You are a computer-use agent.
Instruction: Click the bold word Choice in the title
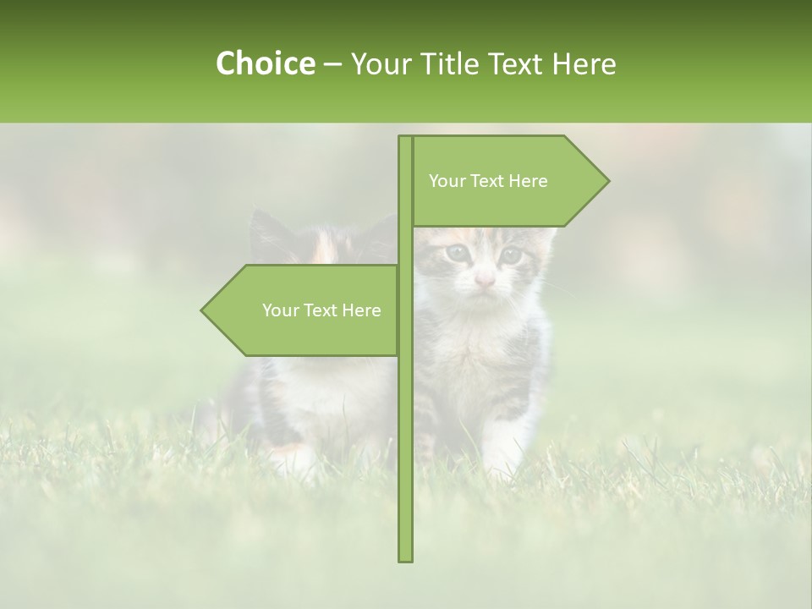click(265, 63)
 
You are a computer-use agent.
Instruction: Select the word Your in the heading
click(381, 63)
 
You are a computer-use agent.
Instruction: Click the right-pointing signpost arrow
click(507, 181)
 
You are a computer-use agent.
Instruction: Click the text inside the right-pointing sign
click(488, 181)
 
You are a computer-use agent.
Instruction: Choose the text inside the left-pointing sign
click(321, 310)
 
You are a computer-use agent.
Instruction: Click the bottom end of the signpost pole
click(405, 557)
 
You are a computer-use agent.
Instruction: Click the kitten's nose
click(484, 280)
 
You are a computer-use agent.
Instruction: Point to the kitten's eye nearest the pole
click(457, 252)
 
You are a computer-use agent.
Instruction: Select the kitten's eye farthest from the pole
click(510, 253)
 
